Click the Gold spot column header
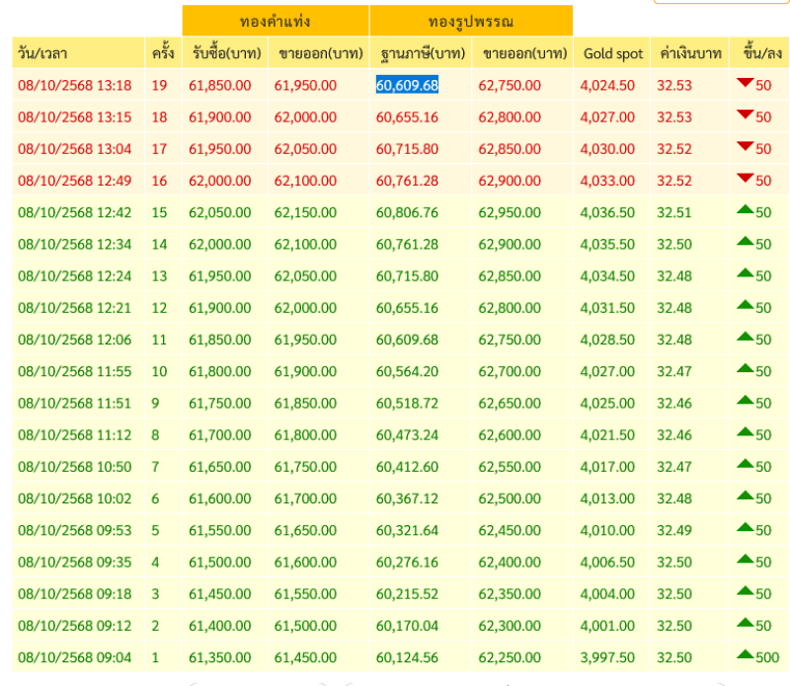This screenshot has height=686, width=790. point(613,54)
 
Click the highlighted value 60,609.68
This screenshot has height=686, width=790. point(407,86)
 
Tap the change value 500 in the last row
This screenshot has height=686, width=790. point(766,657)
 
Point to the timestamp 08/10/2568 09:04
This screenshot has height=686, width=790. point(74,657)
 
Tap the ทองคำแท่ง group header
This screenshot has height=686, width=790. point(275,21)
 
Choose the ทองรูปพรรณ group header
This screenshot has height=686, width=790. point(471,21)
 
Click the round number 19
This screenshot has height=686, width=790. point(159,86)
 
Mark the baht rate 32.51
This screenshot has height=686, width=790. point(674,212)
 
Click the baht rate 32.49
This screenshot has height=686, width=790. point(674,530)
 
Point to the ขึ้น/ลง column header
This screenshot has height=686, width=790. point(758,54)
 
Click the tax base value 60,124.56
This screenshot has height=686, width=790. point(407,657)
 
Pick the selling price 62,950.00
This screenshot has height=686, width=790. point(510,212)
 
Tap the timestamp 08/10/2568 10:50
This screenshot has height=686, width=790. point(74,467)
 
